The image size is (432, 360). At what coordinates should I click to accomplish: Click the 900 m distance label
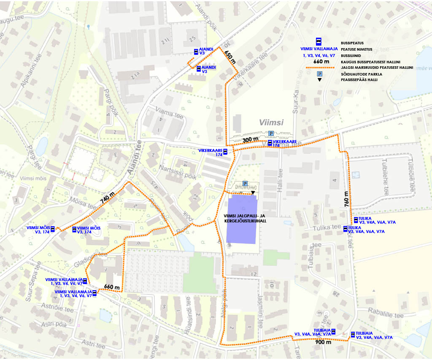(323, 342)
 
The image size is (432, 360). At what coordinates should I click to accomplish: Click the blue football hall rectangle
(242, 219)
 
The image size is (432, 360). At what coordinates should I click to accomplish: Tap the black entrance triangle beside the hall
(253, 193)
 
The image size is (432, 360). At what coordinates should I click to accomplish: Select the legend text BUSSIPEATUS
(352, 43)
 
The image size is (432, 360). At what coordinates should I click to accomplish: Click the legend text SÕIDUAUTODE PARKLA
(361, 74)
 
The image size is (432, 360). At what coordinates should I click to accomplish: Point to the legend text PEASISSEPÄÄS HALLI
(361, 80)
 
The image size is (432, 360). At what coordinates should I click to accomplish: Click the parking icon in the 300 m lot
(271, 133)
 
